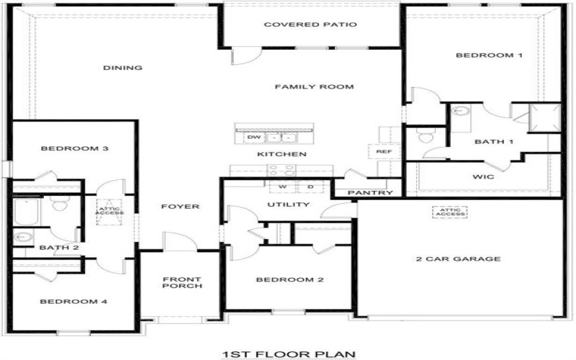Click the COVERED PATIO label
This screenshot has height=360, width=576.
point(310,24)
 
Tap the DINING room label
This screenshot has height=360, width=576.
point(122,68)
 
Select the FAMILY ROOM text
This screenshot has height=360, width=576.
point(314,87)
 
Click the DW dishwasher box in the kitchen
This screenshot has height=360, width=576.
point(253,136)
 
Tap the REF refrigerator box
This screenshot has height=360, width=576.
point(384,151)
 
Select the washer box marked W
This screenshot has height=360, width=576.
point(282,187)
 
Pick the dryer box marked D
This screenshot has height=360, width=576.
point(310,187)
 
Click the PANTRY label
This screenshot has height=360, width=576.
point(370,193)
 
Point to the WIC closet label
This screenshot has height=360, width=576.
point(484,176)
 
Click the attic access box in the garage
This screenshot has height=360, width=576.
point(449,212)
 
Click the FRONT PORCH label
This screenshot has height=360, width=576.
point(181,282)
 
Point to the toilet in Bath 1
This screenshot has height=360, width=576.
point(424,137)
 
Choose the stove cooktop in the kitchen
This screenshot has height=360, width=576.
point(282,171)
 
